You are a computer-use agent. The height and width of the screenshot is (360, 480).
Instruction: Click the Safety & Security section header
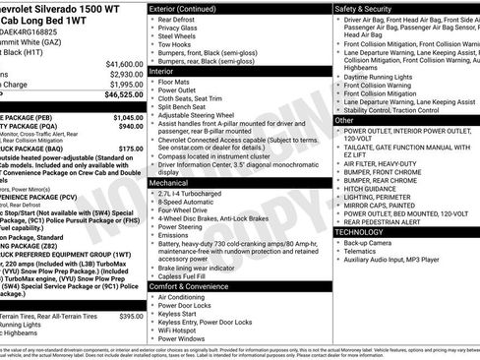tap(370, 7)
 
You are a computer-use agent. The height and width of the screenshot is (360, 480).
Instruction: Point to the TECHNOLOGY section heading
tap(366, 231)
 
